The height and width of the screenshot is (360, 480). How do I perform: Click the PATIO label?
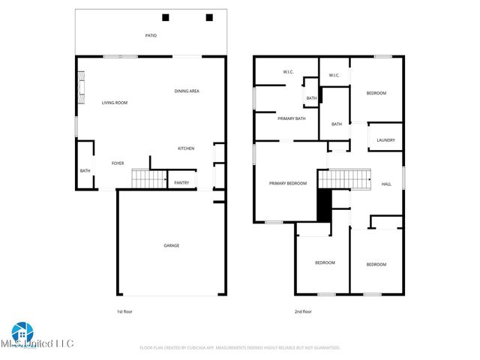[x=151, y=35]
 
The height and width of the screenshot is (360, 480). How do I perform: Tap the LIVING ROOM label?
[x=115, y=102]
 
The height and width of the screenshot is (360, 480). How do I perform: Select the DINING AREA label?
[x=187, y=91]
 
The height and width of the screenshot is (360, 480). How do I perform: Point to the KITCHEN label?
[x=186, y=148]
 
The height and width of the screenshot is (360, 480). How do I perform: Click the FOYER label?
[x=118, y=163]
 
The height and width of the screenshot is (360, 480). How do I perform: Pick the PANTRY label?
[x=181, y=182]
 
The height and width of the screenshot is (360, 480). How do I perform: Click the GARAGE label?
[x=172, y=245]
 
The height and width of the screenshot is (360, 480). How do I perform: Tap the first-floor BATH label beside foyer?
[x=85, y=170]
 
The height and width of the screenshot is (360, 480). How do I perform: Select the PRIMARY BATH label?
[x=291, y=118]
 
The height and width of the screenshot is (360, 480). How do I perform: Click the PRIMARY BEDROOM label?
[x=288, y=183]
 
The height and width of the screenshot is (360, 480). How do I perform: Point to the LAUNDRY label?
[x=385, y=140]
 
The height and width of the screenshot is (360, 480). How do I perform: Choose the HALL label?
[x=386, y=184]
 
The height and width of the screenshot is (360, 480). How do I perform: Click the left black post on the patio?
[x=166, y=17]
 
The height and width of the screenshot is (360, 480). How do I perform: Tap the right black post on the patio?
[x=209, y=17]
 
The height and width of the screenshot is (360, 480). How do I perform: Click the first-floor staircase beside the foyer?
[x=148, y=179]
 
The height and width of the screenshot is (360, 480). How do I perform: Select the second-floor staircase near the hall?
[x=345, y=179]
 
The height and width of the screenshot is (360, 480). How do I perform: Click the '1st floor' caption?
[x=124, y=311]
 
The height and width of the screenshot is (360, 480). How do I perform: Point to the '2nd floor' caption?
[x=303, y=311]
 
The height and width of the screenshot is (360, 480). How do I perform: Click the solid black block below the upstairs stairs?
[x=325, y=205]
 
